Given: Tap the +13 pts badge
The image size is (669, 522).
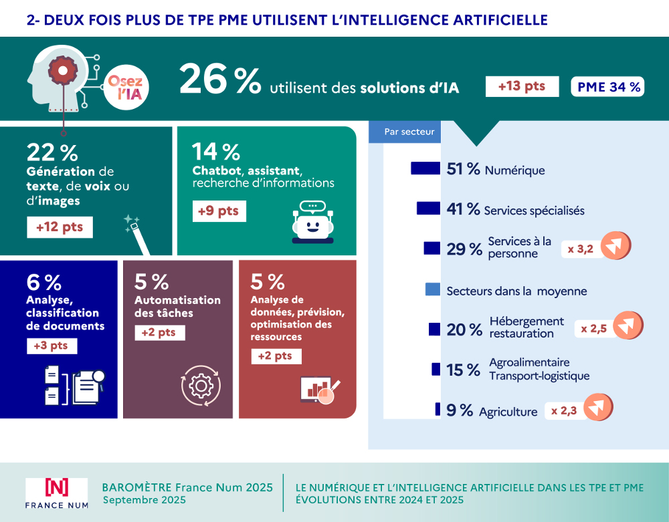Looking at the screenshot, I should [522, 86].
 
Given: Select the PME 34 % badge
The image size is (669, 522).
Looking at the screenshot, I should [607, 86].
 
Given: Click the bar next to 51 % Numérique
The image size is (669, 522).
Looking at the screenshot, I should [425, 168].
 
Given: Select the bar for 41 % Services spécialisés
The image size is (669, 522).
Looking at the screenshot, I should [427, 209].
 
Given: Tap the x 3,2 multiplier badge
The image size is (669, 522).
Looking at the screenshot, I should [581, 249].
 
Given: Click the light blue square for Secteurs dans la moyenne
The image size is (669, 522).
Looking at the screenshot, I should [433, 289].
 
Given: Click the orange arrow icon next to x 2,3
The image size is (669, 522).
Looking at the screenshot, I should [598, 409].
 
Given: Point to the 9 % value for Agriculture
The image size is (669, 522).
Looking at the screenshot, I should [460, 410].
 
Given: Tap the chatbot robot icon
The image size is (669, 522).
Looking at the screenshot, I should [312, 223].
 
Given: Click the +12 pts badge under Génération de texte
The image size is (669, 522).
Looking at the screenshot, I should [60, 227].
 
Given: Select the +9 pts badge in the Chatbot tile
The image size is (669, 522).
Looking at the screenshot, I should [218, 211].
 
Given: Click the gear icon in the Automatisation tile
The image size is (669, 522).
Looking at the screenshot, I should [200, 386].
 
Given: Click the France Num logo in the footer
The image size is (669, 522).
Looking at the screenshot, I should [56, 493].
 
